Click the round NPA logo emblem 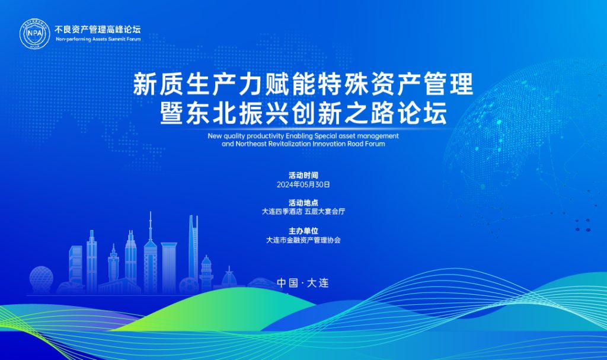coord(35,34)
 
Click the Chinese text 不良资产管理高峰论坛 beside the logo coord(98,29)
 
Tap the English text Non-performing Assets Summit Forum coord(98,39)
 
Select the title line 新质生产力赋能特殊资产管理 coord(303,84)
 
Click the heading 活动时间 coord(303,176)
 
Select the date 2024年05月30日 coord(303,184)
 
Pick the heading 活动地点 coord(303,203)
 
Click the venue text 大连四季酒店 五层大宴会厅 coord(303,212)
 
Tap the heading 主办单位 coord(303,231)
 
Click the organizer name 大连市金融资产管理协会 coord(303,240)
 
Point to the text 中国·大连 coord(303,283)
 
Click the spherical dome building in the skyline coord(41,278)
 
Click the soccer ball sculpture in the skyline coord(189,286)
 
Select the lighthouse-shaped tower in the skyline coord(206,273)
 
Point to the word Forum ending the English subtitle coord(375,144)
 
